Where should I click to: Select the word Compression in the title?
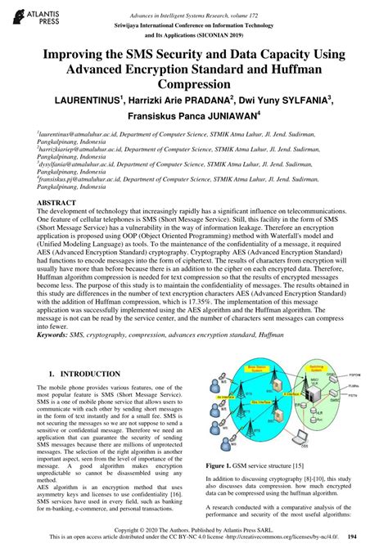click(194, 84)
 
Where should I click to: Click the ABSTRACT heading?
click(60, 201)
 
